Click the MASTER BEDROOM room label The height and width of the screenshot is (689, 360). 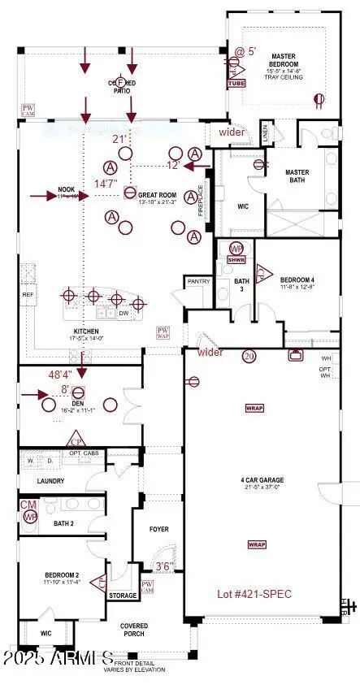pyautogui.click(x=284, y=64)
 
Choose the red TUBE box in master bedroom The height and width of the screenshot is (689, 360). pyautogui.click(x=236, y=83)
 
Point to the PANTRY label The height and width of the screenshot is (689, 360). pyautogui.click(x=198, y=281)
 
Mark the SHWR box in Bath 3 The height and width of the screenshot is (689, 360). pyautogui.click(x=236, y=259)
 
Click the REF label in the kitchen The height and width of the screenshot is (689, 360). pyautogui.click(x=28, y=295)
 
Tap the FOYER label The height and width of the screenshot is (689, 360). pyautogui.click(x=159, y=529)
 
